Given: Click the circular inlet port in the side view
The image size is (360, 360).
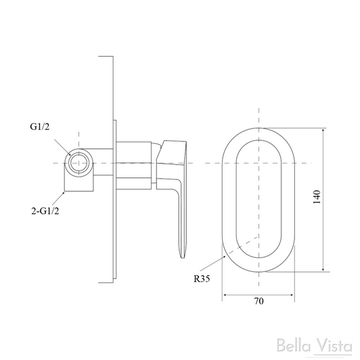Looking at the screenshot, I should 78,163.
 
